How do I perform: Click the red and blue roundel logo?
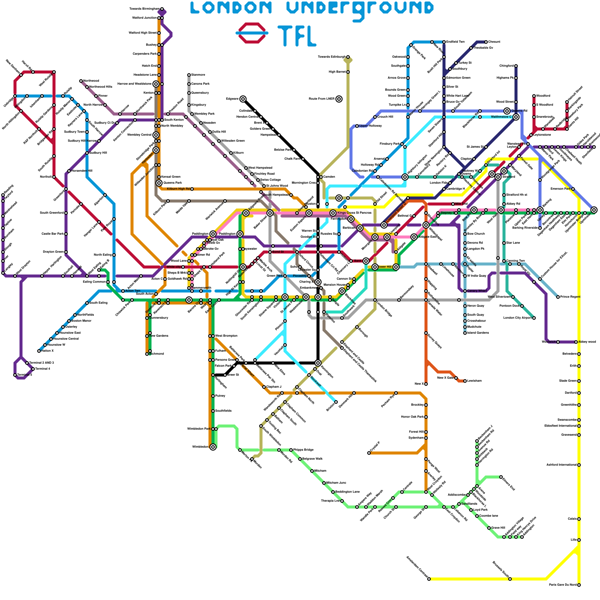coord(252,33)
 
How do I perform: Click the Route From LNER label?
coord(321,99)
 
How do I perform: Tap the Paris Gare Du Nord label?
coord(562,585)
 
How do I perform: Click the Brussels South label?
coord(501,569)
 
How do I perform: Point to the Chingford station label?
coord(506,66)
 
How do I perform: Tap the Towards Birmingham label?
coord(144,9)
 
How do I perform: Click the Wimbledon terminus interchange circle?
coord(213,447)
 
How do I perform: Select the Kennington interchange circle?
coord(318,363)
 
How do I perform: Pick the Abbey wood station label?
coord(587,342)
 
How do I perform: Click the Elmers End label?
coord(508,483)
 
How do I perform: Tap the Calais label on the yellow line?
coord(572,519)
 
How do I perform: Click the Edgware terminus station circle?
coord(243,99)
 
